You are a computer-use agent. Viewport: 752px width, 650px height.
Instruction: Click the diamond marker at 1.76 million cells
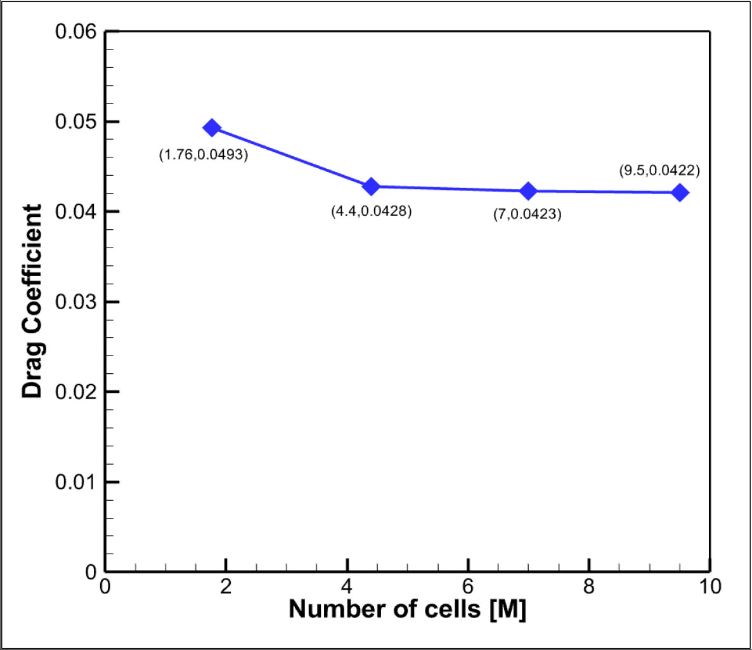(x=212, y=128)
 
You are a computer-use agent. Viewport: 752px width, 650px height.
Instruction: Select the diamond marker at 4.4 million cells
(x=371, y=187)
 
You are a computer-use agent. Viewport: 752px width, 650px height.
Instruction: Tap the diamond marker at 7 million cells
(x=528, y=191)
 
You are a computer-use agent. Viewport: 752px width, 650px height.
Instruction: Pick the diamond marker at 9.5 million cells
(x=680, y=192)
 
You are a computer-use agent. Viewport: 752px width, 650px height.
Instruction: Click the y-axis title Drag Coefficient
(x=32, y=301)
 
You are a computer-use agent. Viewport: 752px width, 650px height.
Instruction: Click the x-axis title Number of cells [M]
(x=407, y=609)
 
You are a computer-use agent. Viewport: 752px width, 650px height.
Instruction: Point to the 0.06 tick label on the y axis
(x=75, y=32)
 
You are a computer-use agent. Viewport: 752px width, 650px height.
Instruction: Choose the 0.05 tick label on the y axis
(x=75, y=122)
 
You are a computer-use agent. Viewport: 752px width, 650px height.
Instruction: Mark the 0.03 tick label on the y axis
(x=75, y=302)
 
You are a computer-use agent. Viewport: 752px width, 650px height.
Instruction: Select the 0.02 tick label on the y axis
(x=75, y=392)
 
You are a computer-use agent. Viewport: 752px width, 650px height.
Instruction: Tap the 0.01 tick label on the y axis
(x=75, y=482)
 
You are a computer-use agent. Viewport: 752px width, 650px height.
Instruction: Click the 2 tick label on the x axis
(x=226, y=587)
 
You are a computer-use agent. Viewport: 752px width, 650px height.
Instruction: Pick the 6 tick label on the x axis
(x=468, y=587)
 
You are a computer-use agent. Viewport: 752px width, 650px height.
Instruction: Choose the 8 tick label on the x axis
(x=589, y=587)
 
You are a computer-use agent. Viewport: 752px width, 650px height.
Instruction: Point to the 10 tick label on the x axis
(x=710, y=587)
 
